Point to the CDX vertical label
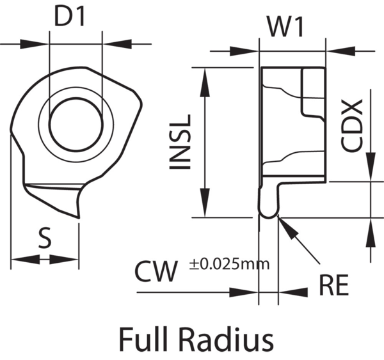[x=353, y=125]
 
